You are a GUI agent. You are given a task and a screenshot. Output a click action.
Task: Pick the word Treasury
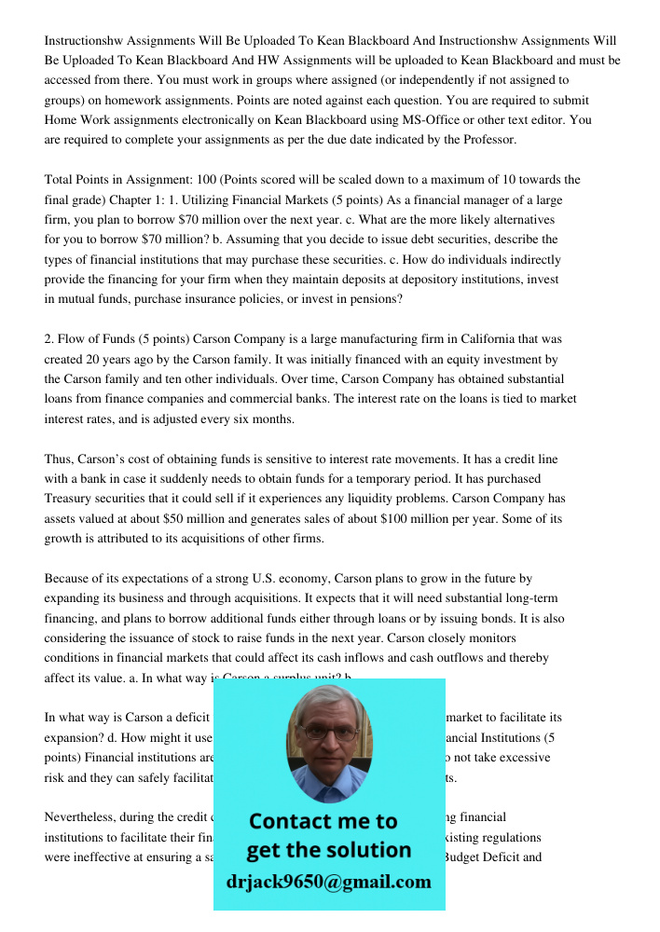pyautogui.click(x=70, y=499)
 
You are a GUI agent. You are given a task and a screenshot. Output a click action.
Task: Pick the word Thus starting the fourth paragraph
pyautogui.click(x=59, y=459)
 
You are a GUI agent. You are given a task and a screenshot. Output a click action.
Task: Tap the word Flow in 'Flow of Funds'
pyautogui.click(x=72, y=339)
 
